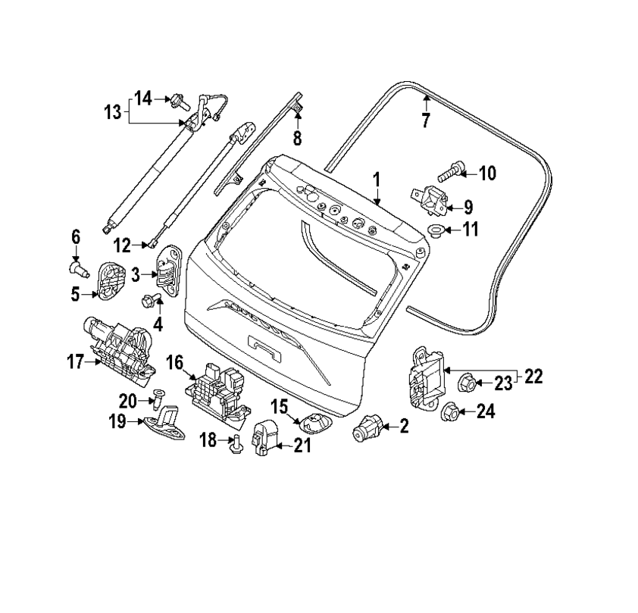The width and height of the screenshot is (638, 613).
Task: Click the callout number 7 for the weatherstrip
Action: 425,120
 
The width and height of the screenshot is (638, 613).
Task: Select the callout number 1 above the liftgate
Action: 377,180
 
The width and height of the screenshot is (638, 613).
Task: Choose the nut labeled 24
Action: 450,411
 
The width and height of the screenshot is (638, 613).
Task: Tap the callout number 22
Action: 533,377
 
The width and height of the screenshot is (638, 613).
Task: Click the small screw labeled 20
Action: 158,396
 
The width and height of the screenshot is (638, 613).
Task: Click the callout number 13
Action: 112,113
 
